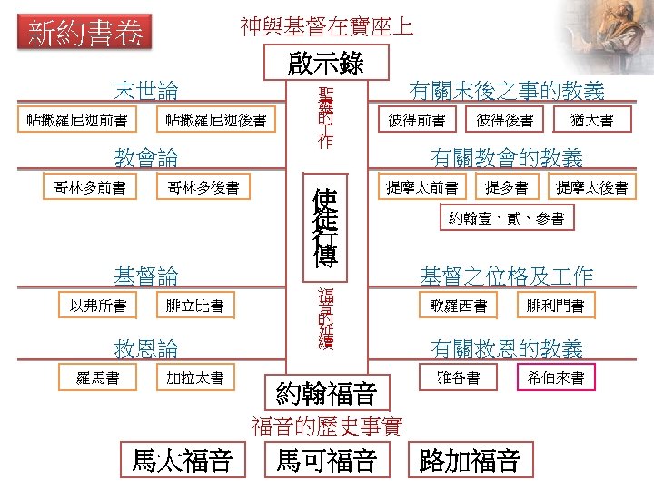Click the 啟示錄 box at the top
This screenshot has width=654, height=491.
point(326,63)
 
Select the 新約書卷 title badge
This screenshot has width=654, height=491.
point(85,35)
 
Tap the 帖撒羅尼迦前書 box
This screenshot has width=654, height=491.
point(76,120)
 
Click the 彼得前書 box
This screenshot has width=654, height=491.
point(416,120)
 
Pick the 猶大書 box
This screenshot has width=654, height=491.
point(591,120)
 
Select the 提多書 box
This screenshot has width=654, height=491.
point(506,188)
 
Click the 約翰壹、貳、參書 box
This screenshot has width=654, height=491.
point(506,218)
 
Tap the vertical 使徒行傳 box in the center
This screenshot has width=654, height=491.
point(325,227)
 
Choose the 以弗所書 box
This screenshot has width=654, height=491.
point(98,306)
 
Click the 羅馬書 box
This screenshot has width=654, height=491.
point(98,377)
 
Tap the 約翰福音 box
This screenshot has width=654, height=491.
point(326,394)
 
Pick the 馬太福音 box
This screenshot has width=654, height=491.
point(182,460)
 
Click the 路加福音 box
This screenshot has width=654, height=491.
point(470,460)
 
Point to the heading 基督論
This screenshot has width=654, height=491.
point(145,276)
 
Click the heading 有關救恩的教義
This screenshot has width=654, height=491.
point(507,348)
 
